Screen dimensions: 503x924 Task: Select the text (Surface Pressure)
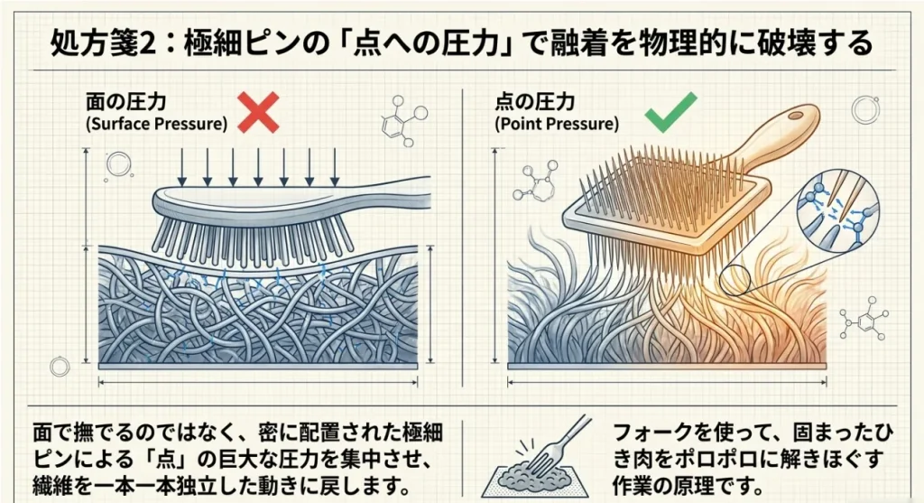[x=156, y=124]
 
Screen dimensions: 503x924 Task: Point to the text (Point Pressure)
[x=557, y=124]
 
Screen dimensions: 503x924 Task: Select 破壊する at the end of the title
[x=822, y=42]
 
